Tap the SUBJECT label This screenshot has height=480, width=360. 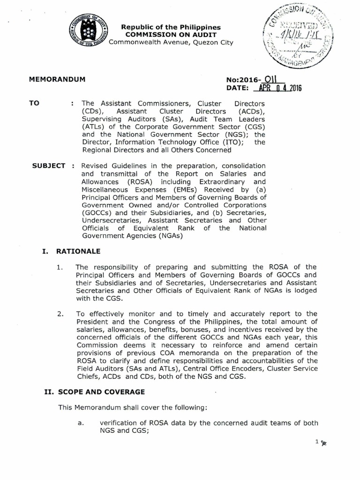48,166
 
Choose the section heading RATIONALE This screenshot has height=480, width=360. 78,251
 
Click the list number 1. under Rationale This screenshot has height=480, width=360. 59,267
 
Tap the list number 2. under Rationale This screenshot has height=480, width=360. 60,313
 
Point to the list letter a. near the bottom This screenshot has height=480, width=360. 80,423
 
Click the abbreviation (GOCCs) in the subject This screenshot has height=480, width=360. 96,212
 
